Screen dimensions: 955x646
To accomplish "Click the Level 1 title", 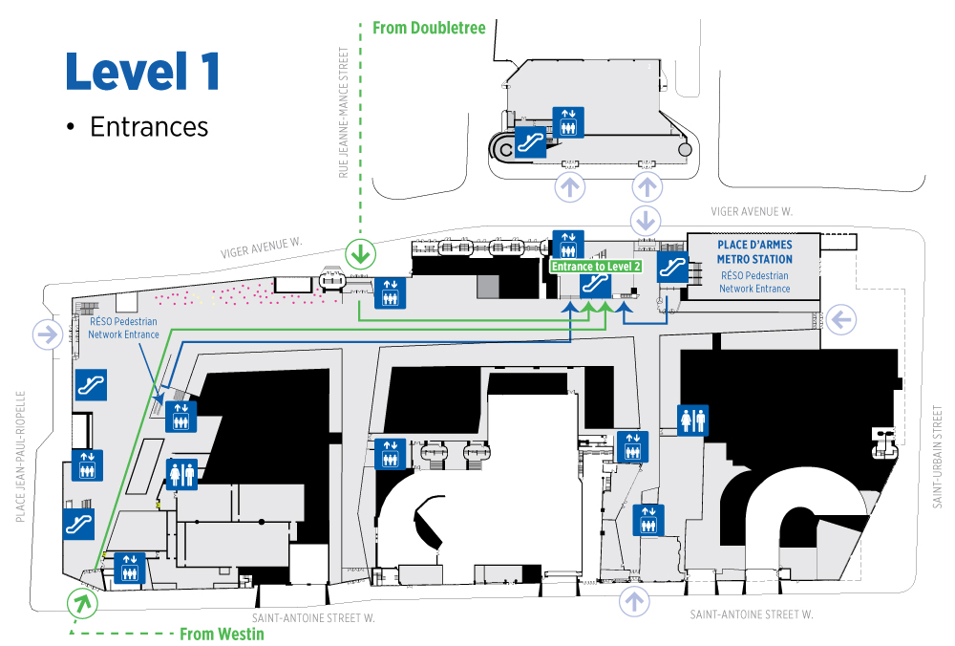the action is (142, 72).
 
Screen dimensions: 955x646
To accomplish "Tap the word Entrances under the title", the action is (149, 127).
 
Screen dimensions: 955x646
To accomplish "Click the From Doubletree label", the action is (429, 28).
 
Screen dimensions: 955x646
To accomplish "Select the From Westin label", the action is (222, 634).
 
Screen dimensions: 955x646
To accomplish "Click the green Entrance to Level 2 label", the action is (596, 267).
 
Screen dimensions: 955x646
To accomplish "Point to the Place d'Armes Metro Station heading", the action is (754, 251).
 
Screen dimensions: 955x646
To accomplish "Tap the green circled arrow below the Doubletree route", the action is (361, 253).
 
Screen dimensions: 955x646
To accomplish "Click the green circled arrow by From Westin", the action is (82, 603).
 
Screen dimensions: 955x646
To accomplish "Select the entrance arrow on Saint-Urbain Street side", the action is (841, 319).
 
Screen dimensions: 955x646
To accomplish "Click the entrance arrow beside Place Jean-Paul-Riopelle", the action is (48, 334).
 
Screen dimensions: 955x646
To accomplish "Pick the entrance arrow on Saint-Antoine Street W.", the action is (634, 601).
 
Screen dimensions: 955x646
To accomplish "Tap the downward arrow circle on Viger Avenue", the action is (646, 220).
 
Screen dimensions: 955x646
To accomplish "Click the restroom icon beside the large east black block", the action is (693, 420).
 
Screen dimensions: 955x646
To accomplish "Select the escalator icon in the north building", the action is (530, 142).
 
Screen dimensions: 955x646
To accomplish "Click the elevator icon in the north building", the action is (568, 122).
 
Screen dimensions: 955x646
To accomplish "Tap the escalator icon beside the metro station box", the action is (672, 267).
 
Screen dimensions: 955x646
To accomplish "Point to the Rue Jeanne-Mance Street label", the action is (344, 113).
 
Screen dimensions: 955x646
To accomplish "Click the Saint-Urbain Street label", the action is (938, 457).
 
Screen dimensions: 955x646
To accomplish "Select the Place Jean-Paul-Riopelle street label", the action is (21, 457).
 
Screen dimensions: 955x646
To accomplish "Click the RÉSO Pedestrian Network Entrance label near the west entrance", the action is (123, 328).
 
